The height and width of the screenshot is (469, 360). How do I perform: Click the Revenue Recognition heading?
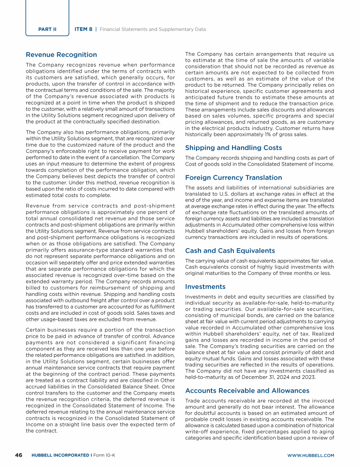(61, 54)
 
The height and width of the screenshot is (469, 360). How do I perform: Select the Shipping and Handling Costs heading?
(233, 148)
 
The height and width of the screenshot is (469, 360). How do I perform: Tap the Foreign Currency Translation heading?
(233, 178)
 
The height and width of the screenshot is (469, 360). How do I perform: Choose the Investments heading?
(205, 287)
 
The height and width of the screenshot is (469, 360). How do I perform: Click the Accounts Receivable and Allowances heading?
(247, 390)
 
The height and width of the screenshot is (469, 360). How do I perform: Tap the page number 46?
(19, 455)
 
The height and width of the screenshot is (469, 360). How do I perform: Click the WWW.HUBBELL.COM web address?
(310, 455)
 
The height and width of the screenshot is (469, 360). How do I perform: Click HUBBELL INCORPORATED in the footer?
(60, 455)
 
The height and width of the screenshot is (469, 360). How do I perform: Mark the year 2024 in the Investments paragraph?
(285, 378)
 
